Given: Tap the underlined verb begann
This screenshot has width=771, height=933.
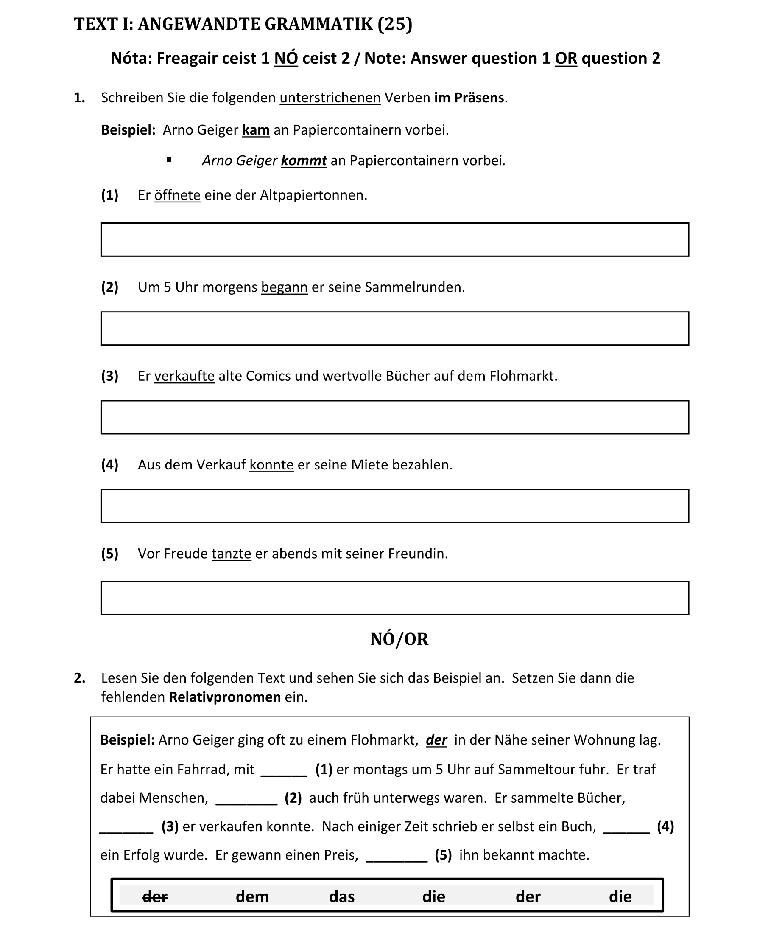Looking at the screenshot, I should (284, 287).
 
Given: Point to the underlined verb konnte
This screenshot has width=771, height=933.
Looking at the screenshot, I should (271, 465).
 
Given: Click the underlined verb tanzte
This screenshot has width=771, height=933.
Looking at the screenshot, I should (231, 554).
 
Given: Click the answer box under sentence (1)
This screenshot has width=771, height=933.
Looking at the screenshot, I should (394, 239).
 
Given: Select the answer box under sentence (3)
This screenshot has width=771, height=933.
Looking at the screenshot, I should (394, 417).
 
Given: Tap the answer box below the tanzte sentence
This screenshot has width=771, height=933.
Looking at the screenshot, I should (394, 598).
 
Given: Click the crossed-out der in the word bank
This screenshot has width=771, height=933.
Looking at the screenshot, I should (155, 896).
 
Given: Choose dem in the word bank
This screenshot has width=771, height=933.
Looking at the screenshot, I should (252, 896).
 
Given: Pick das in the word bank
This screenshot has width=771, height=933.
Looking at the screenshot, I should (342, 896).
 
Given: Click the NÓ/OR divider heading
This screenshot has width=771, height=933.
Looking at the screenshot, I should (399, 639).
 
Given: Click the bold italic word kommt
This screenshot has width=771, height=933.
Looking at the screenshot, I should (304, 160).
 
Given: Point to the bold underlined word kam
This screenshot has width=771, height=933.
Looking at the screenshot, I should (256, 130).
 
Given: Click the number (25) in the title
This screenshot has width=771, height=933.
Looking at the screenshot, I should (394, 24).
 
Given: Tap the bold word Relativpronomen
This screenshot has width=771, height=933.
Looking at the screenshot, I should (225, 697).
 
